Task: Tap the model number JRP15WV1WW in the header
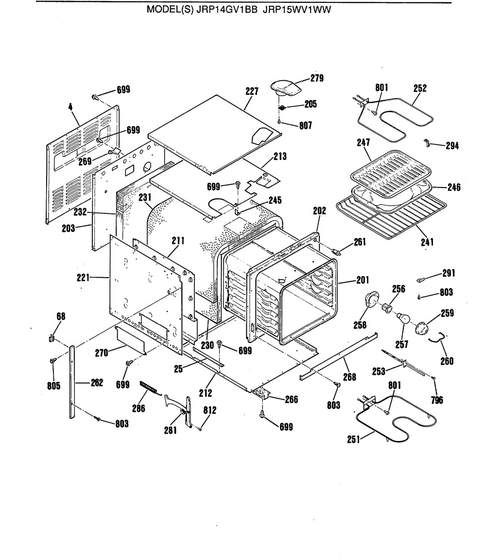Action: tap(297, 10)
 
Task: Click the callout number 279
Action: tap(317, 78)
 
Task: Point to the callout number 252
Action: tap(420, 88)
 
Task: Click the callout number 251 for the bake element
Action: tap(353, 439)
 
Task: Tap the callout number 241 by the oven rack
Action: tap(427, 242)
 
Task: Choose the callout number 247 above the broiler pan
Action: tap(363, 142)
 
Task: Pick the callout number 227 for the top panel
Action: tap(252, 91)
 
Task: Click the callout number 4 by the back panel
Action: tap(70, 106)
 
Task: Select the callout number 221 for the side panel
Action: tap(83, 278)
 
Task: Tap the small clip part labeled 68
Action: tap(52, 337)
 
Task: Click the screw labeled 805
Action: tap(53, 361)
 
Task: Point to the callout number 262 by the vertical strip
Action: tap(97, 383)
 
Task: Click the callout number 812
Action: tap(209, 410)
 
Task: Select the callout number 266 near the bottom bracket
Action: tap(292, 399)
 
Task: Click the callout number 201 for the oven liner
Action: tap(363, 280)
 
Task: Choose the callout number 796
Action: tap(437, 400)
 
